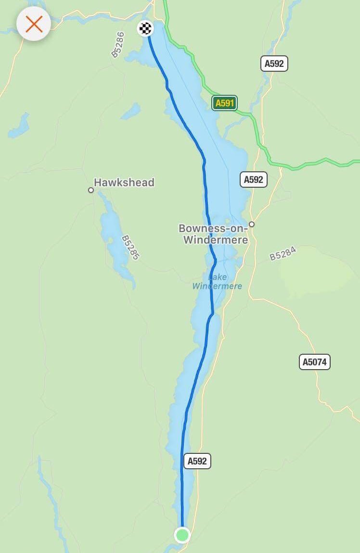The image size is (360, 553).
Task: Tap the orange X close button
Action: coord(34,23)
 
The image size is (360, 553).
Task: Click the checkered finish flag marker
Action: coord(145,28)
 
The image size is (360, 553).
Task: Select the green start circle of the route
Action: coord(182,535)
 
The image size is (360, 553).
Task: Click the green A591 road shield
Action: coord(224,103)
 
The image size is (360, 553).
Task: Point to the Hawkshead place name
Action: coord(124,182)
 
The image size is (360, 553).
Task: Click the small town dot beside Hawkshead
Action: coord(91,190)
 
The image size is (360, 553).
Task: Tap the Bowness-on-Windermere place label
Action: coord(213,234)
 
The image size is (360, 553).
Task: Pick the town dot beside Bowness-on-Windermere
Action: coord(251,224)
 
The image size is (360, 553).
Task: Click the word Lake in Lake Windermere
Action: coord(217,277)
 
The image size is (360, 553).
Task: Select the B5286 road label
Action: coord(118,45)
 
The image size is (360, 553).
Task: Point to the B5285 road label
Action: coord(130,247)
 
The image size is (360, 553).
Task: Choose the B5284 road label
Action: coord(283,253)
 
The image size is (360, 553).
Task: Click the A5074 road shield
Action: coord(315,362)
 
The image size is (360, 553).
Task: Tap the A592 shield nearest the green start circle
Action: coord(197,461)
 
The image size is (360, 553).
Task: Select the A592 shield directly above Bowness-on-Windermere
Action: coord(254,180)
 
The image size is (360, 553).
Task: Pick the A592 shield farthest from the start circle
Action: coord(274,64)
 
